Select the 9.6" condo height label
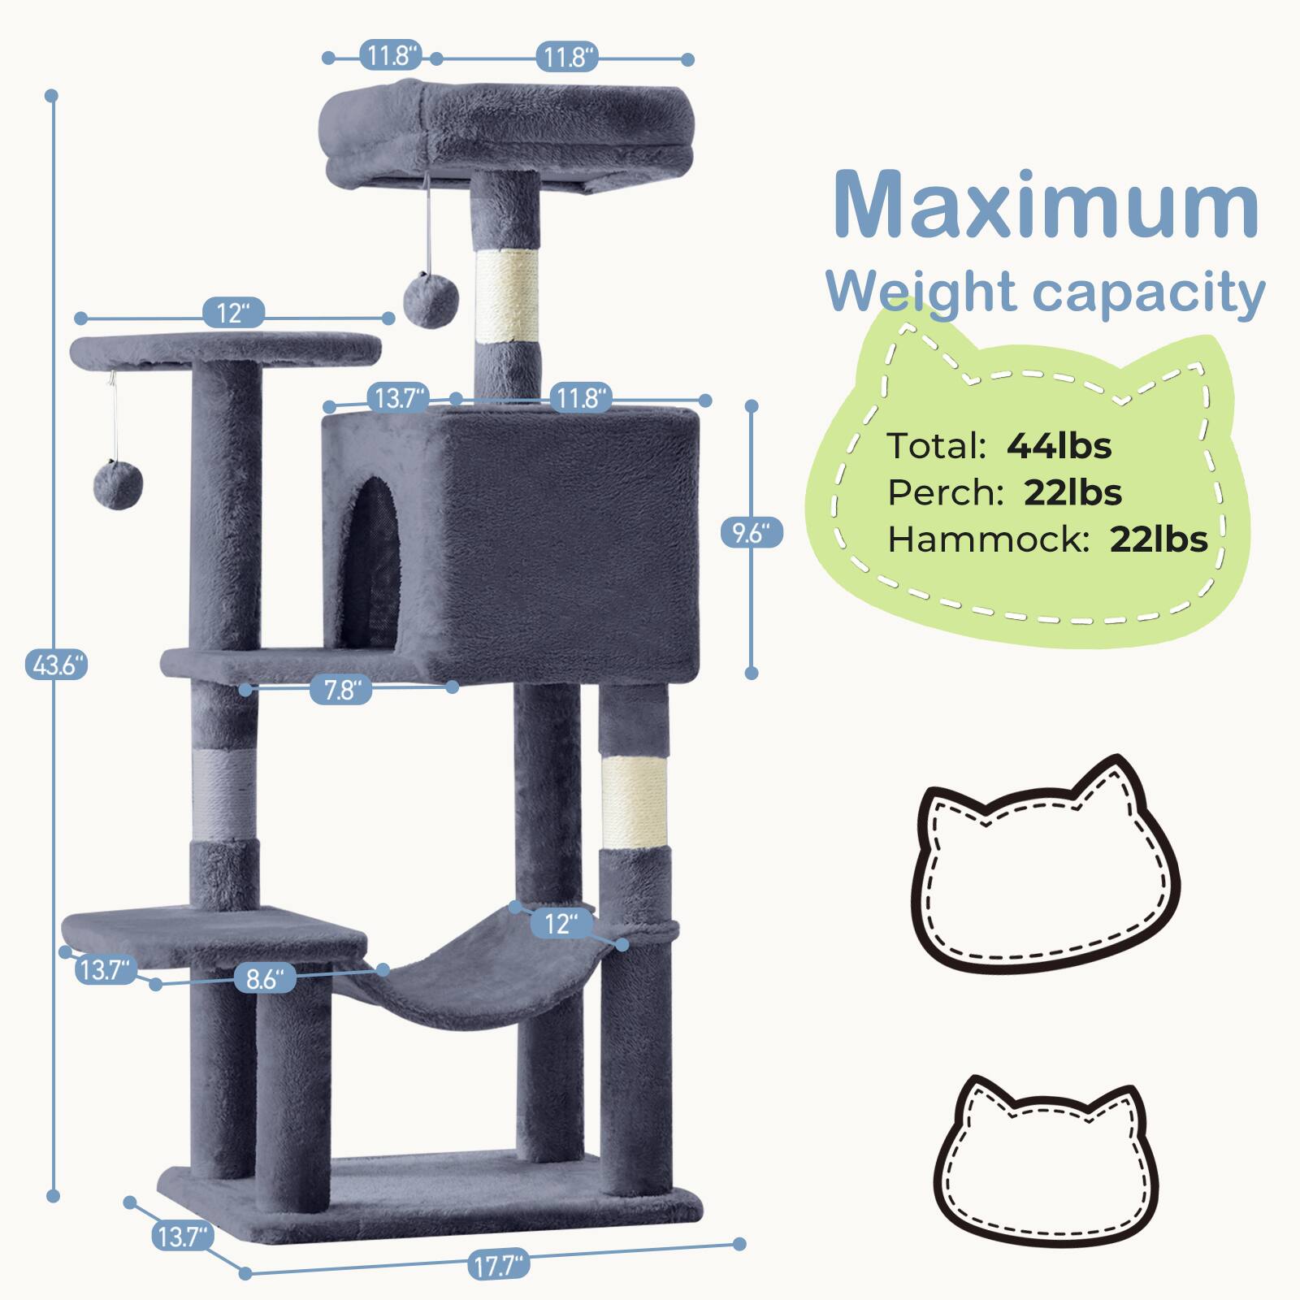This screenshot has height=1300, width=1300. click(752, 533)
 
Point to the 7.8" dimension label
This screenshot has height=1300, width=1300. click(341, 690)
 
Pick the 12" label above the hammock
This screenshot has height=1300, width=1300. click(561, 923)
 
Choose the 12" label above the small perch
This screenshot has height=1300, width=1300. click(234, 313)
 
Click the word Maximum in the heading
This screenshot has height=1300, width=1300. click(1046, 205)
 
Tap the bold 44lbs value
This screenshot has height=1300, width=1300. click(1059, 445)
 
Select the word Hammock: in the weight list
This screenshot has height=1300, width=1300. click(988, 539)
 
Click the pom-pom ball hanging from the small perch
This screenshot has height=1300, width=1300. click(119, 485)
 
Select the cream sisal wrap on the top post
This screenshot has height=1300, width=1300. click(507, 296)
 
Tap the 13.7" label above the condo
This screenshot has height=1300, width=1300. click(398, 398)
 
